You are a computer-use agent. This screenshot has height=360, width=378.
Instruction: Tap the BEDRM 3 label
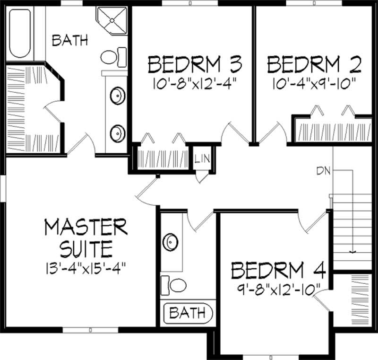click(x=195, y=64)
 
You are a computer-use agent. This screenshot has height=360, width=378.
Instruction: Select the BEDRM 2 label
click(x=314, y=64)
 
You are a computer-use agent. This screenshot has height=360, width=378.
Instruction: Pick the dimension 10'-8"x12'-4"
click(x=195, y=86)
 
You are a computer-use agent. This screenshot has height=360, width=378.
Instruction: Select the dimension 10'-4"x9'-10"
click(x=314, y=86)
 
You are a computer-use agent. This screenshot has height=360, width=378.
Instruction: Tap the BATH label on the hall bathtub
click(x=188, y=312)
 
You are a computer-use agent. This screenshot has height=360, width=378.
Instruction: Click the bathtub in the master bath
click(x=20, y=32)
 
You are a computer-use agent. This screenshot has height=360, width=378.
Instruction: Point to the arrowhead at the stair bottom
click(x=352, y=252)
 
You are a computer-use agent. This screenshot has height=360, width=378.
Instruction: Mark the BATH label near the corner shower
click(x=70, y=41)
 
